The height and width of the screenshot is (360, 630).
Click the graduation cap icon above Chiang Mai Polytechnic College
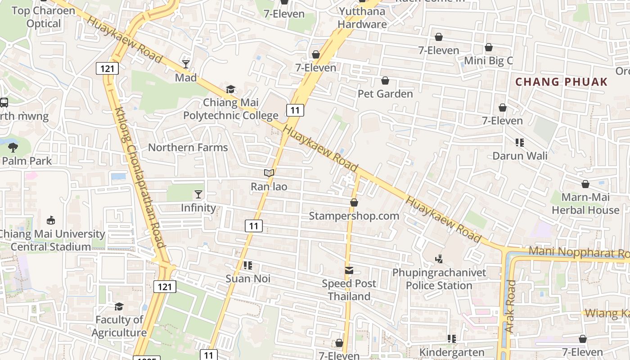point(230,89)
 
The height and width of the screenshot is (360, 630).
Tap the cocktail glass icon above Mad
point(186,64)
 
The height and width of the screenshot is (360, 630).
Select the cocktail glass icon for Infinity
point(198,194)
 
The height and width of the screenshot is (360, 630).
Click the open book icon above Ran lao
point(269,173)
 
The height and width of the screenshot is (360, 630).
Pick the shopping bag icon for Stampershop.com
point(354,202)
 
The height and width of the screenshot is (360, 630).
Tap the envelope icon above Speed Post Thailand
point(349,270)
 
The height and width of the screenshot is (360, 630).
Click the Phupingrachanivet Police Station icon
point(439,259)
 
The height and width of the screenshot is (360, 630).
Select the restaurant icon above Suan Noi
point(247,265)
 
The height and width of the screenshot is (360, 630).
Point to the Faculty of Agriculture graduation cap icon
point(119,306)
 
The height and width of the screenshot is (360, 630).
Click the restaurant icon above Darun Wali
point(520,143)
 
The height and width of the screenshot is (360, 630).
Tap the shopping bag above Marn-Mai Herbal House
point(585,184)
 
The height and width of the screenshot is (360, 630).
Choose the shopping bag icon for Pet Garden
point(385,81)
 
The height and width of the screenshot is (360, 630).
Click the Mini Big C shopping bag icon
point(489,47)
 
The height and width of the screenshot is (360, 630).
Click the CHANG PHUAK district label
point(561,82)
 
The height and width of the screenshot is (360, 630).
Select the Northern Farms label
point(188,148)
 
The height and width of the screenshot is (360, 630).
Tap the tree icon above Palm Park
point(13,147)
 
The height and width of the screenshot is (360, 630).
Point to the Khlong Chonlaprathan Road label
point(140,177)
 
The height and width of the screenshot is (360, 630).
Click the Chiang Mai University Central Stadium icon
point(51,220)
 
